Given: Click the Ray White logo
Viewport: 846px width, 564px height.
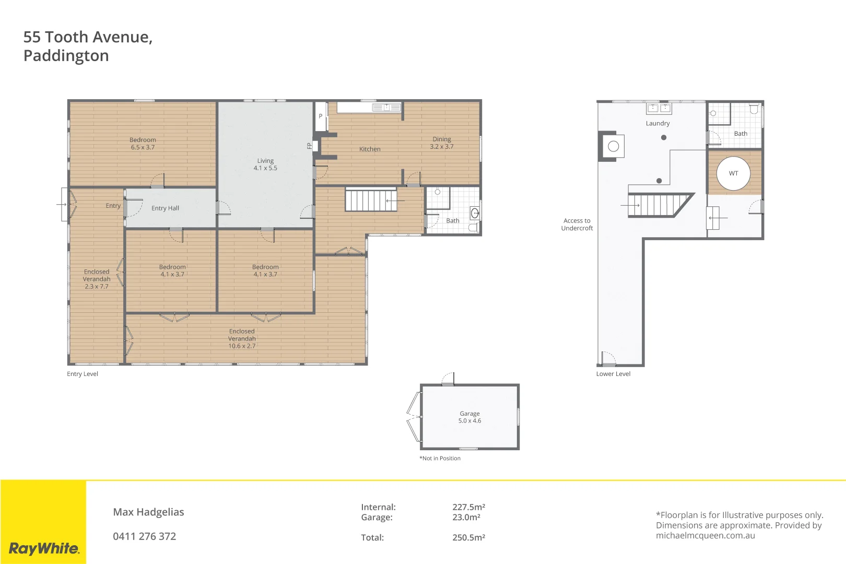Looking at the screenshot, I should point(44,548).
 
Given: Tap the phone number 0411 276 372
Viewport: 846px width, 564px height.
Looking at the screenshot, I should point(145,536).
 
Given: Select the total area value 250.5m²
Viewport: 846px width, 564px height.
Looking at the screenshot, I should point(468,537).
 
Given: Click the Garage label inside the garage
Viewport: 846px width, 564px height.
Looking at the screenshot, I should point(469,417).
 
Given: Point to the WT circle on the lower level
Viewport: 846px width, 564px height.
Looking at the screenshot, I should point(733,173).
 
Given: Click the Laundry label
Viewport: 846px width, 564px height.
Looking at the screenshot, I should point(657,124).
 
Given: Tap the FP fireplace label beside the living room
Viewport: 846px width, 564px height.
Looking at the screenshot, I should point(310,146).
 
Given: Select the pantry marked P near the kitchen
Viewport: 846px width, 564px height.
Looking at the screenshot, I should point(321,116).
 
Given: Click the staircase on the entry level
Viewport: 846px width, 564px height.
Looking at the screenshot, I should point(371,201).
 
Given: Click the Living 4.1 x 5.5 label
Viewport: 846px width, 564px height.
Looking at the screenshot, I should point(265,164).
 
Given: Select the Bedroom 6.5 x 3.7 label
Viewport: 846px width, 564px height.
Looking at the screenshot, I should point(143,144).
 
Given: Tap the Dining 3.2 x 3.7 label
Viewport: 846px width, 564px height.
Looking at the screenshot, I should point(442,143).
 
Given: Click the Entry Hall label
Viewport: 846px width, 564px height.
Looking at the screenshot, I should point(165,208).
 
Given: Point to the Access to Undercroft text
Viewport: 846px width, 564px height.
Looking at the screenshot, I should point(577,225).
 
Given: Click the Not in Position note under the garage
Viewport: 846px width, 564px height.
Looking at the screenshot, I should point(440,459).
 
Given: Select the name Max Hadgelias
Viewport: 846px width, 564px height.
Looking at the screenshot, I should point(148,512).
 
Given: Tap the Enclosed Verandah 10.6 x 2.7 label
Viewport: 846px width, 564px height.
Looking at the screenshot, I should point(242,338).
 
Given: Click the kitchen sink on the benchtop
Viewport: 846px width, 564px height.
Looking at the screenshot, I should point(386,108).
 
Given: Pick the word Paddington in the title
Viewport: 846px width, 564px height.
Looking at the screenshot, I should point(66,56).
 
